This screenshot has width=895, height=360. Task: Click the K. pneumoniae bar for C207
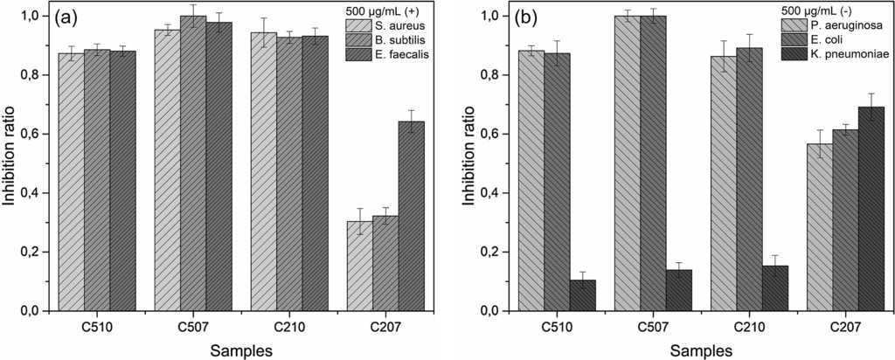pos(871,209)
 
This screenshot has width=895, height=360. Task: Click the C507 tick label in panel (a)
pos(193,328)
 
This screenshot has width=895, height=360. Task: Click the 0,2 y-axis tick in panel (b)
pos(490,252)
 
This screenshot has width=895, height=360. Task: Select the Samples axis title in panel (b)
pos(701,350)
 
